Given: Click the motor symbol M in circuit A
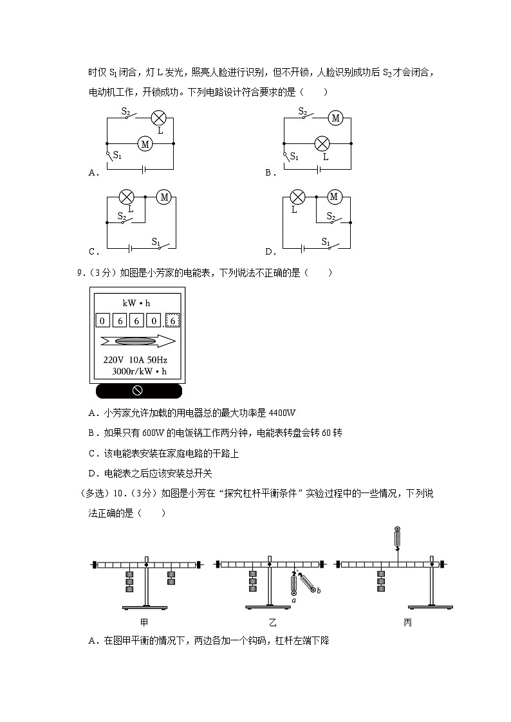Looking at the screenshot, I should (145, 144).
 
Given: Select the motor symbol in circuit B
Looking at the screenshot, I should (335, 118).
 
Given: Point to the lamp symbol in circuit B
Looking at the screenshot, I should (322, 144).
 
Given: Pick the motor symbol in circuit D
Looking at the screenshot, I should (334, 197).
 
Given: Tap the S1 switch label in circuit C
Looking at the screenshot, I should (156, 242).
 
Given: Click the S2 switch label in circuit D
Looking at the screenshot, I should (331, 216).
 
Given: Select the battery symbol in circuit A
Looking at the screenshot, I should (144, 170).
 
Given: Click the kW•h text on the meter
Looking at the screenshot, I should (136, 302).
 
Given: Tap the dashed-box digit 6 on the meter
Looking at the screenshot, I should (174, 320).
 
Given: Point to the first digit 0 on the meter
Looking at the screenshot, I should (103, 320).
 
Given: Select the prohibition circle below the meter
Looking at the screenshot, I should (137, 391).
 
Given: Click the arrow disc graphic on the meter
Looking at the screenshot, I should (136, 341).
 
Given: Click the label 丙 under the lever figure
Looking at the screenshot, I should (407, 622).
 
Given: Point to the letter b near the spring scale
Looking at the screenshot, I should (320, 590).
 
